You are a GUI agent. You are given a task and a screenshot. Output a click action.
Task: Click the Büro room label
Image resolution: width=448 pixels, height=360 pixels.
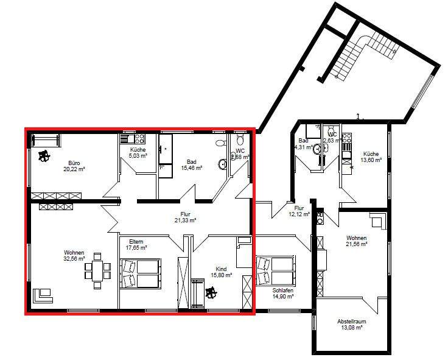(x=74, y=163)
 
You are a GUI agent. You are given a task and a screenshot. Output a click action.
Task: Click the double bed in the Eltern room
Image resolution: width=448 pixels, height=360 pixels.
(x=142, y=272)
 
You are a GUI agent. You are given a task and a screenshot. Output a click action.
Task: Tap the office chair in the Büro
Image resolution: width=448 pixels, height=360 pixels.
(x=44, y=157)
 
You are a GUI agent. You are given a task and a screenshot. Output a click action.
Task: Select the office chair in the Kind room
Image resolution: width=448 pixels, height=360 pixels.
(x=211, y=294)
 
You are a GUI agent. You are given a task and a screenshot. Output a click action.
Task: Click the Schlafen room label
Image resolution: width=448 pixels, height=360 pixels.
(x=284, y=291)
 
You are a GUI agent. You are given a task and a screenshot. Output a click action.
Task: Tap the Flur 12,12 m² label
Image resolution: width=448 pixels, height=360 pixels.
(x=298, y=211)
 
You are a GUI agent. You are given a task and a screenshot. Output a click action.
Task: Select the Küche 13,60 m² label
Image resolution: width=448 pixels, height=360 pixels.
(x=371, y=157)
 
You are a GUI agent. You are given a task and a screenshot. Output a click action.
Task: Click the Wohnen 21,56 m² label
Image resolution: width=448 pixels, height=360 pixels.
(x=356, y=241)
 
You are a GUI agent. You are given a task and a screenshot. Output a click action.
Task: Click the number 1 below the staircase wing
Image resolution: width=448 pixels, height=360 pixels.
(x=358, y=115)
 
